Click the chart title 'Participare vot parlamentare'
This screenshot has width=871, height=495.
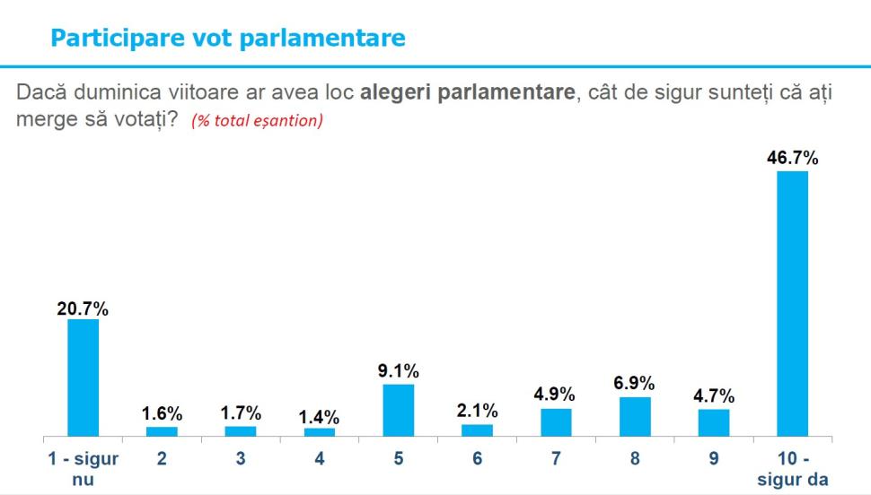[x=228, y=38]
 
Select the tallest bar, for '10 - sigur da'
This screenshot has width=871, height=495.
[x=792, y=303]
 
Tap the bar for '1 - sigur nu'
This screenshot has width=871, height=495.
[x=84, y=378]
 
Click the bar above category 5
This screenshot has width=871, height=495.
[x=399, y=410]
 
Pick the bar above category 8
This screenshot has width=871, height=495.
[x=635, y=416]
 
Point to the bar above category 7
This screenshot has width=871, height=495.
[x=556, y=422]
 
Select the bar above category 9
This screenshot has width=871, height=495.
[x=714, y=422]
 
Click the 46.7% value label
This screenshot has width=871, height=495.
[x=793, y=159]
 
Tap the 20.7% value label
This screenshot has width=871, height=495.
[x=84, y=308]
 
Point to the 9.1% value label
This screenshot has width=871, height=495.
[x=399, y=371]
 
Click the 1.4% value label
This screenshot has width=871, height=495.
[x=320, y=416]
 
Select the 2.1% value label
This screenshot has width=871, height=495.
[x=478, y=411]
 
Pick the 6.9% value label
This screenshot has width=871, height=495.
[x=635, y=384]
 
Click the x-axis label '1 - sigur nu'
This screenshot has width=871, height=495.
[x=83, y=468]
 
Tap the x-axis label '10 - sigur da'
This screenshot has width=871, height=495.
[x=792, y=468]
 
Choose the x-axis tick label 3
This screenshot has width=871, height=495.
[x=241, y=458]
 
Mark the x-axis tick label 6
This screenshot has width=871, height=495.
[x=478, y=458]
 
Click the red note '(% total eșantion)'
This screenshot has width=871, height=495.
[x=257, y=121]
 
